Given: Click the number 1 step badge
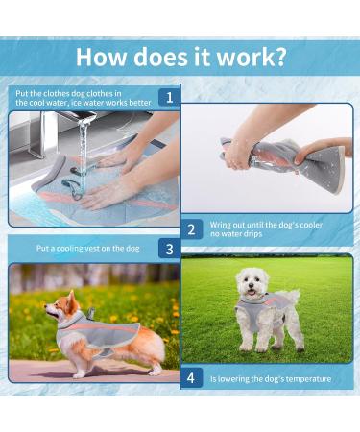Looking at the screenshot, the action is [169, 98].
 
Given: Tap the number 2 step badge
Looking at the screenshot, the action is [191, 229].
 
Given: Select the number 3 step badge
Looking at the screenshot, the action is [169, 249].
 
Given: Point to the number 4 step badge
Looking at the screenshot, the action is [191, 378].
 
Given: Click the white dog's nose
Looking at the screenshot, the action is [252, 285].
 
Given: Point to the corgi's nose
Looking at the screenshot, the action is [46, 306].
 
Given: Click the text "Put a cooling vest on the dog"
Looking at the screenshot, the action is [88, 249].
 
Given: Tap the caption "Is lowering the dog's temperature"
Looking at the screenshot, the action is [271, 379].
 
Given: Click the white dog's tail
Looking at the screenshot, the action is [293, 297].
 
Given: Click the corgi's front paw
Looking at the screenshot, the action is [78, 374].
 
